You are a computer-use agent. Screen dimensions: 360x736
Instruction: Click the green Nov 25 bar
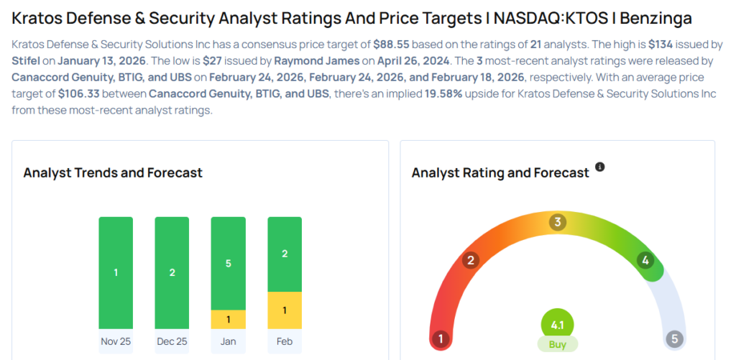click(x=116, y=272)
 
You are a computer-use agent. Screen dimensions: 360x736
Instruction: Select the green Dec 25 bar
click(x=172, y=272)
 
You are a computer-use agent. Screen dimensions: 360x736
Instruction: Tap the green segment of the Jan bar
click(x=229, y=263)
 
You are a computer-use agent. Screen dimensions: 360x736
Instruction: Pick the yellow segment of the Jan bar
click(x=229, y=319)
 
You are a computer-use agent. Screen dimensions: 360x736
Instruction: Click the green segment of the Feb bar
click(x=285, y=254)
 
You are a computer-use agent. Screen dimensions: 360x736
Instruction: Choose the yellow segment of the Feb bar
click(x=285, y=310)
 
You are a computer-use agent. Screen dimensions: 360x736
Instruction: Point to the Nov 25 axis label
click(x=116, y=341)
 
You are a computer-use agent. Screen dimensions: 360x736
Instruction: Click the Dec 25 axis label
click(x=172, y=341)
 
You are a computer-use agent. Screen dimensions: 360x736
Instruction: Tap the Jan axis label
click(x=229, y=341)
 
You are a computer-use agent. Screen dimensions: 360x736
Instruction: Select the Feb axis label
click(x=285, y=341)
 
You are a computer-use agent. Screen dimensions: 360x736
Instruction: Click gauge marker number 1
click(x=440, y=338)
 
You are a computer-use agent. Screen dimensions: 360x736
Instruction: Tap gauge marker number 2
click(x=471, y=260)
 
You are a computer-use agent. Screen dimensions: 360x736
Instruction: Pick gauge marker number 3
click(x=557, y=222)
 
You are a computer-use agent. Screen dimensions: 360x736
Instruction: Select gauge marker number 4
click(x=645, y=260)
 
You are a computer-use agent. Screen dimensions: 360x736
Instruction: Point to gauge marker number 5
click(x=673, y=338)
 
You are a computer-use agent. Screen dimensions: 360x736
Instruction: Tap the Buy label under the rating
click(x=557, y=344)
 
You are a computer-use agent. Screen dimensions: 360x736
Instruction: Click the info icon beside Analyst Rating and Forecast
click(x=600, y=167)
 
